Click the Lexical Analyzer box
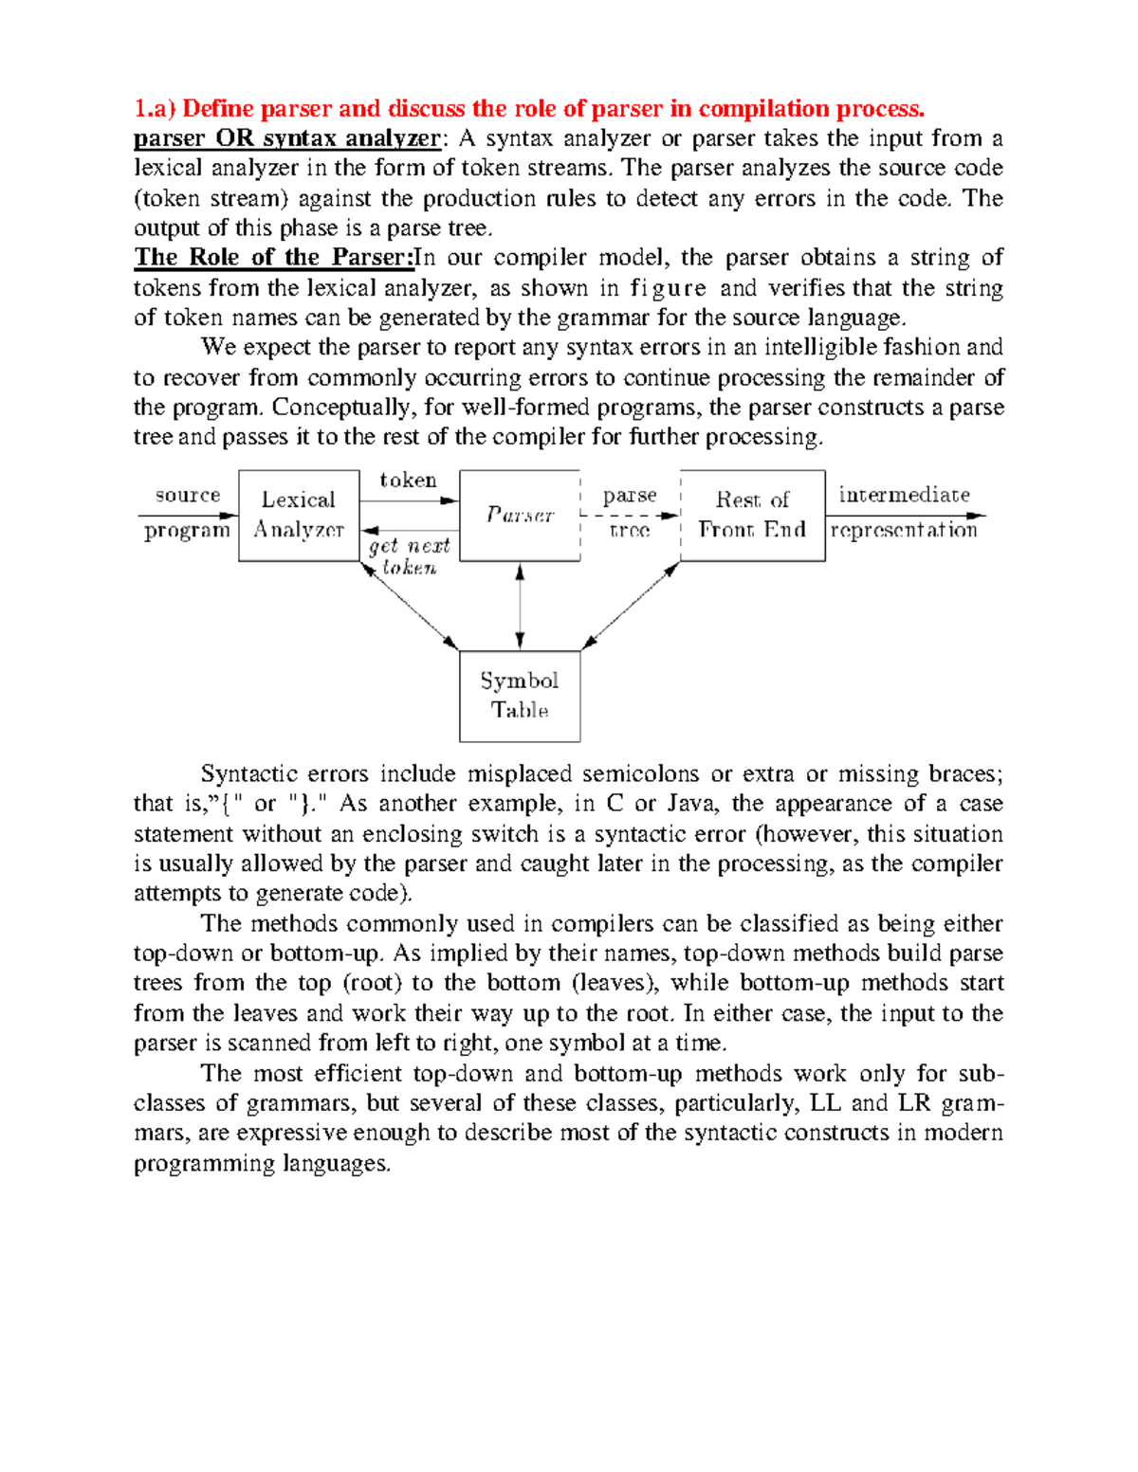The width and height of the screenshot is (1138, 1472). pos(299,515)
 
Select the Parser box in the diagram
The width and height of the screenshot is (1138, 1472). pos(520,515)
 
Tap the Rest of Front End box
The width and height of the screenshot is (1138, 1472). pos(752,515)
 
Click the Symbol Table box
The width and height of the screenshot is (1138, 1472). pos(520,696)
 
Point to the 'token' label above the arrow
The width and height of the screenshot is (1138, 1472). pos(408,481)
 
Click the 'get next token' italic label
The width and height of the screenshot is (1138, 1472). pos(409,556)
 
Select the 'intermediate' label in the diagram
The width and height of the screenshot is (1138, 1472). pos(904,495)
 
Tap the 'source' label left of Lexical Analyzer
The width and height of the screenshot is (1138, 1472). pos(188,495)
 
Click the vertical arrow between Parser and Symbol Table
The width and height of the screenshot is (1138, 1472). pos(520,606)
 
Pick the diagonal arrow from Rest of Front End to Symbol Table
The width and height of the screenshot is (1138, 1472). pos(631,606)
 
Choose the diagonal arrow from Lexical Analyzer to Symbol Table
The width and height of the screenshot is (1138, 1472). pos(410,606)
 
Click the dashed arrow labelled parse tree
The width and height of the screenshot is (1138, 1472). pos(629,516)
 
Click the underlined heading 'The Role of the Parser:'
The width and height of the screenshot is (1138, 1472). pos(274,258)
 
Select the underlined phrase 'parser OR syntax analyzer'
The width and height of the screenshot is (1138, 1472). pos(286,138)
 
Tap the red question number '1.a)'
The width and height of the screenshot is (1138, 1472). pos(155,108)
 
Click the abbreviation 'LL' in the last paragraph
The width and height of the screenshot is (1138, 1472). pos(824,1103)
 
